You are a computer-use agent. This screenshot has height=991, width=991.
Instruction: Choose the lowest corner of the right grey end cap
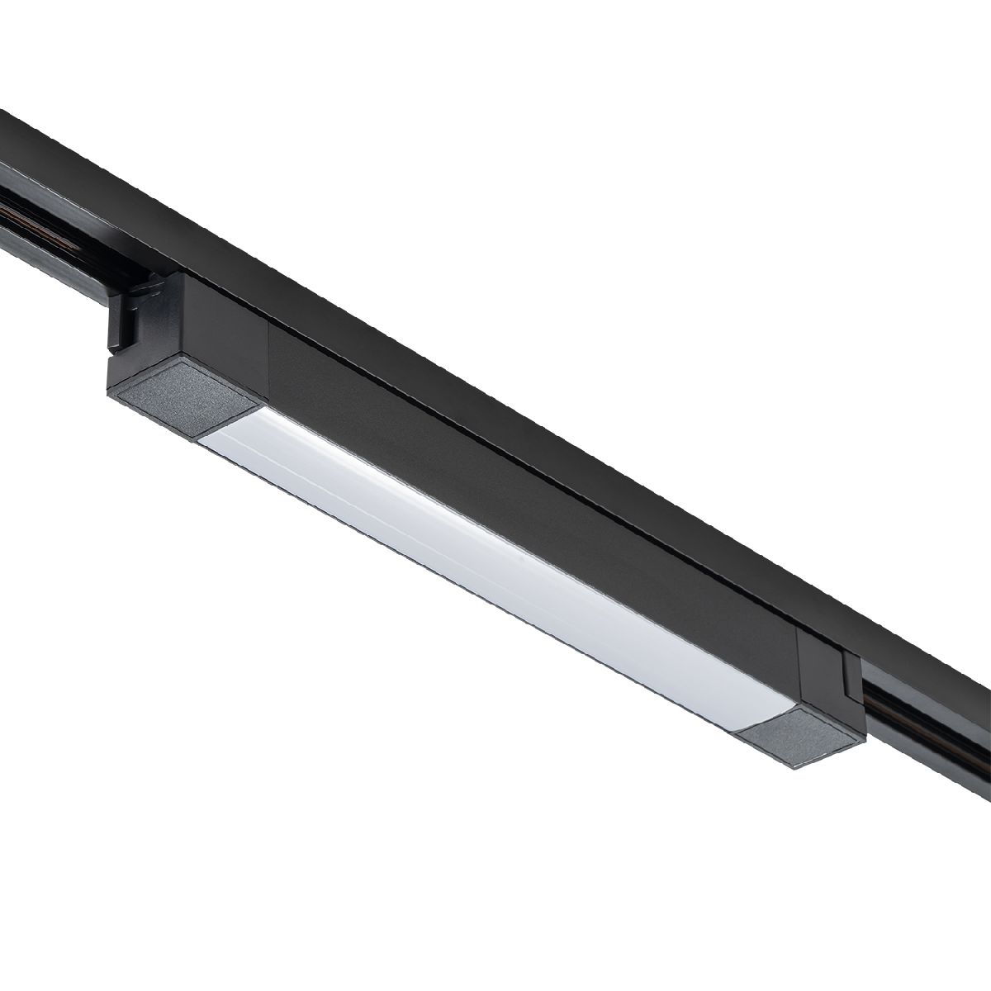pos(798,767)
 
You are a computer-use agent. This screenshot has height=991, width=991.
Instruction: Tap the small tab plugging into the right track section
pos(851,669)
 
